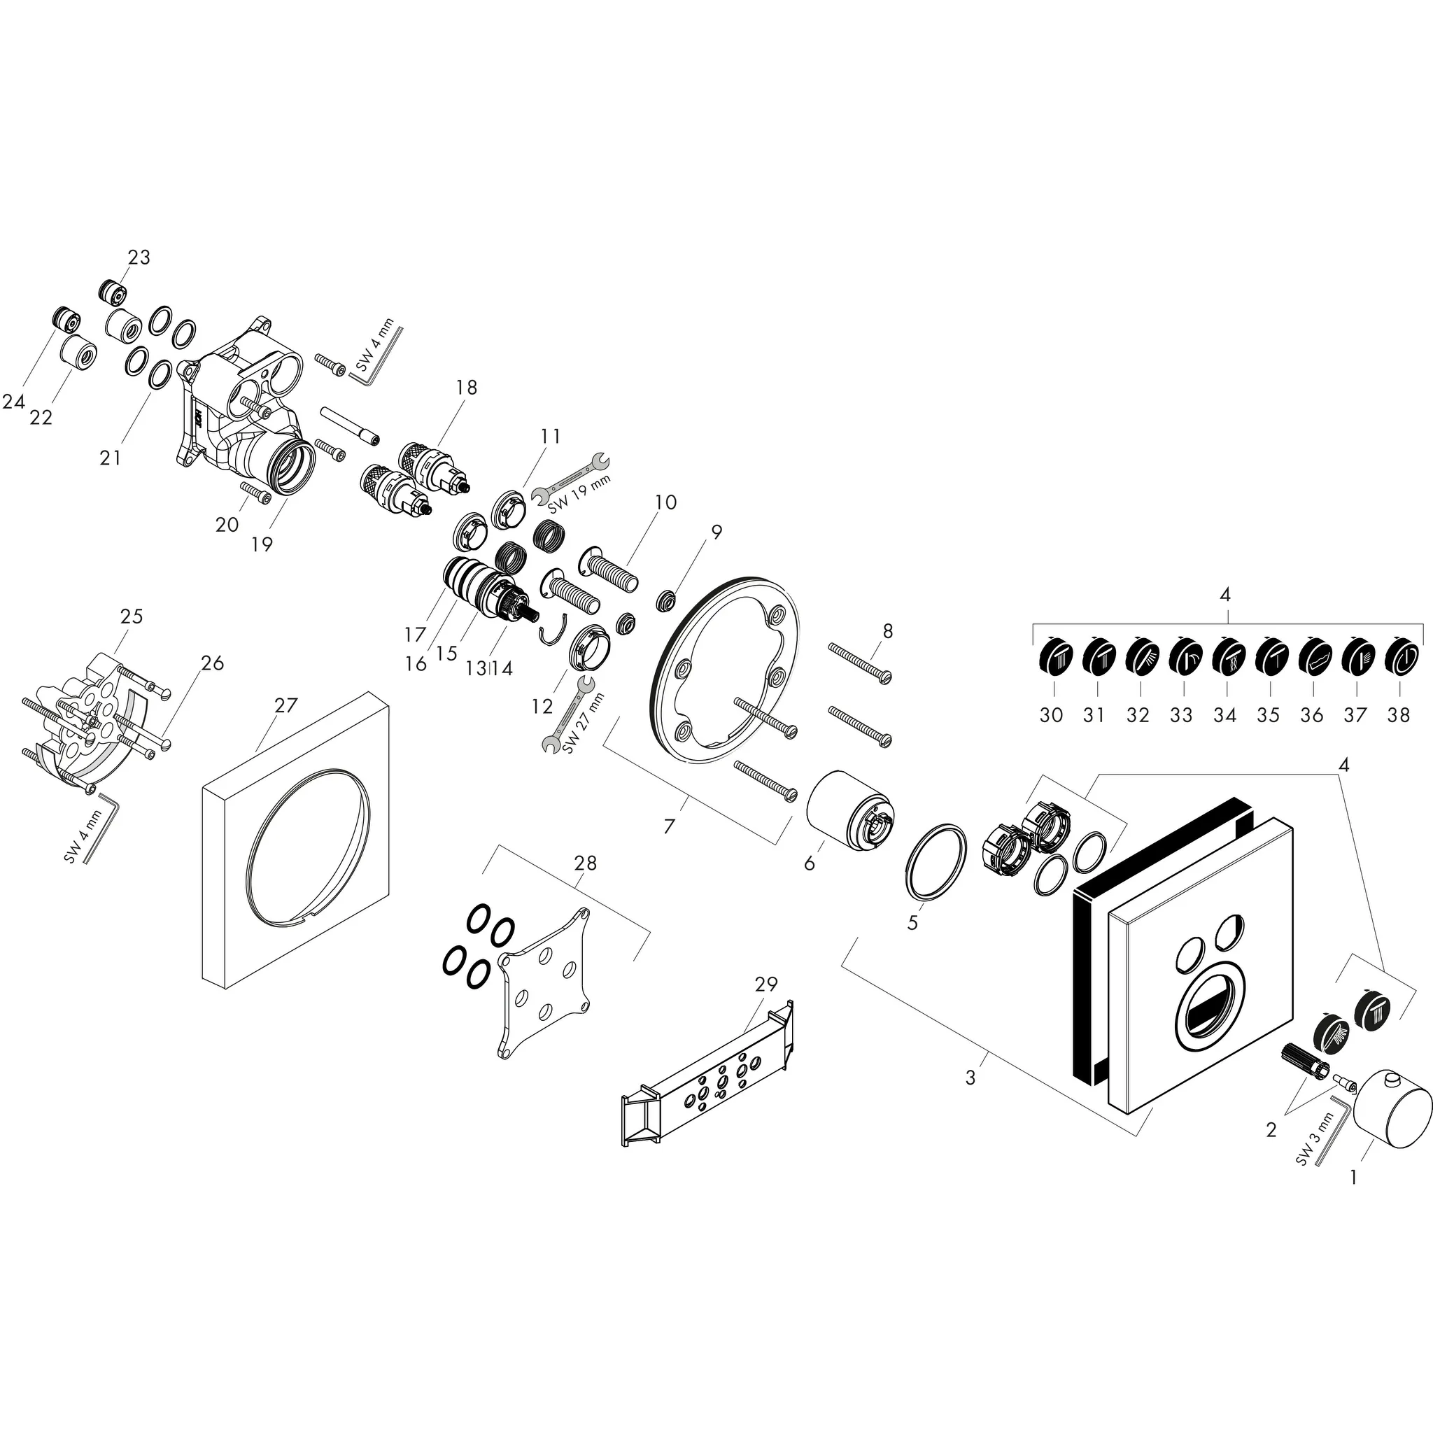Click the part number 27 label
point(285,705)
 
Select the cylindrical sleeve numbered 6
point(851,814)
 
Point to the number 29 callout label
point(766,984)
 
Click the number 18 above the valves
point(467,387)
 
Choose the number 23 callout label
point(139,257)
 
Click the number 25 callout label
point(132,616)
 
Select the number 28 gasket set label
point(585,863)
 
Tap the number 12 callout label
point(542,707)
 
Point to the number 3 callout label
point(970,1078)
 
